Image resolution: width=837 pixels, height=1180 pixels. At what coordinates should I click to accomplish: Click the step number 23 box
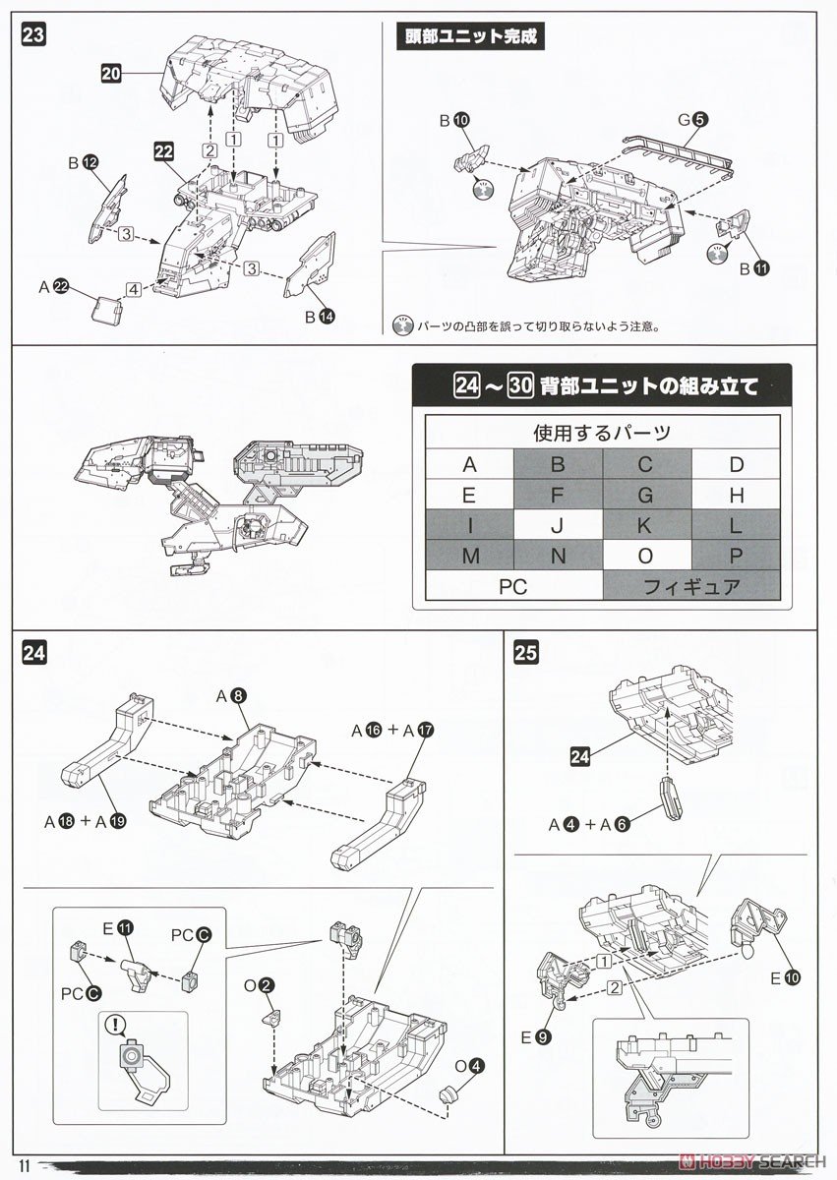33,35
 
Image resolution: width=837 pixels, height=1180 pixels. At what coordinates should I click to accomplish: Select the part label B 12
82,162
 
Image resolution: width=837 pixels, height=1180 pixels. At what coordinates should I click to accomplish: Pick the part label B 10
453,121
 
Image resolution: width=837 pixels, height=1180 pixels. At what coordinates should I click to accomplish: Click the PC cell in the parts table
513,586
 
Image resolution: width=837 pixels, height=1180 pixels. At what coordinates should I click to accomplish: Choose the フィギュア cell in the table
691,586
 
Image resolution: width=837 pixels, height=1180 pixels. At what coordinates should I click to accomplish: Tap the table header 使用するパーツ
603,433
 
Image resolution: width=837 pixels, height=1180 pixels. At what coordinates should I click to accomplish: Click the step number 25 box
526,653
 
